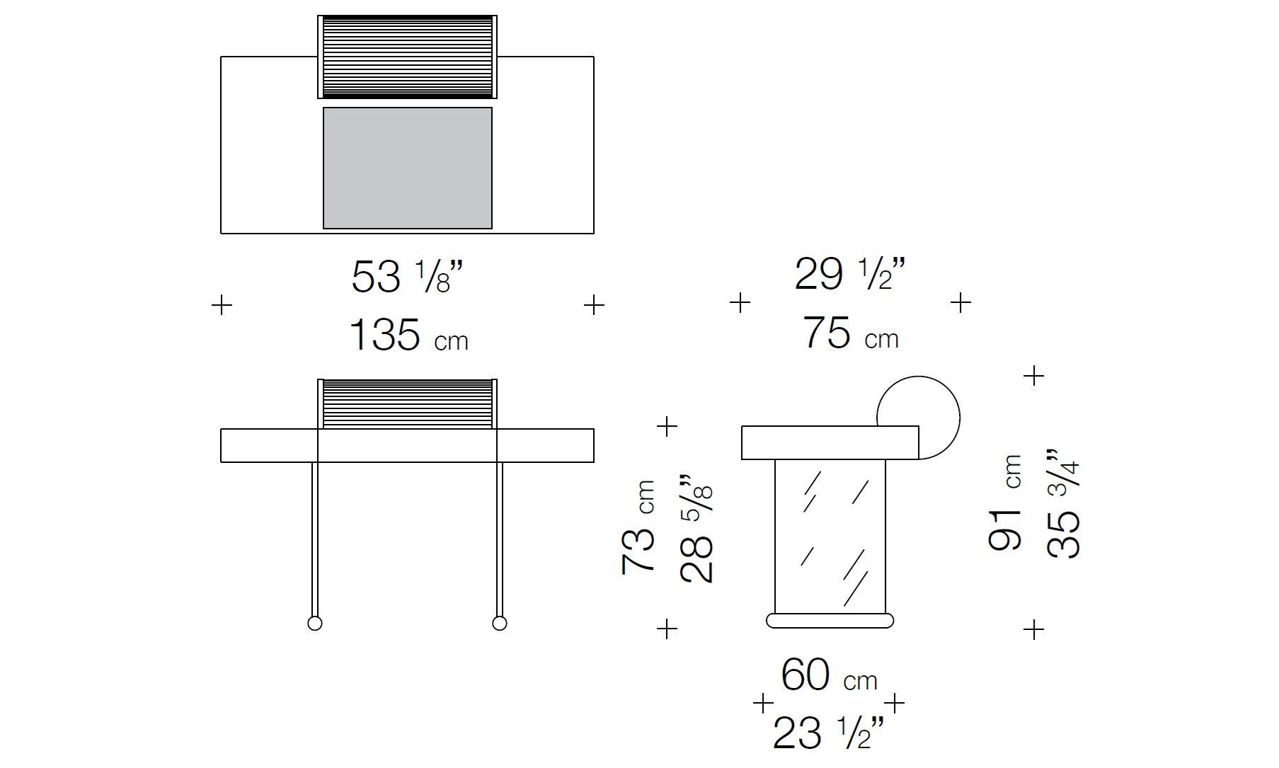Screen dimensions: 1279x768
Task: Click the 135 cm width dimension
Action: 408,335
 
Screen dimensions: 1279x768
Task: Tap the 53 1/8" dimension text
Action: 408,276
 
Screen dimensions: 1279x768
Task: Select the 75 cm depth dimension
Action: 851,333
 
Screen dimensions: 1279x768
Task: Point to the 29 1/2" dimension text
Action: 850,274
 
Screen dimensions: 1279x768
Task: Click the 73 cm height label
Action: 638,527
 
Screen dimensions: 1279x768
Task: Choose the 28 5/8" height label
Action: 696,524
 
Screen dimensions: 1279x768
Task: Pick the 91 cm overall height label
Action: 1004,503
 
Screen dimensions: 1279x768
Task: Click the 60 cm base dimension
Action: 829,675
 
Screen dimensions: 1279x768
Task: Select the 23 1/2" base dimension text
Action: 829,732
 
